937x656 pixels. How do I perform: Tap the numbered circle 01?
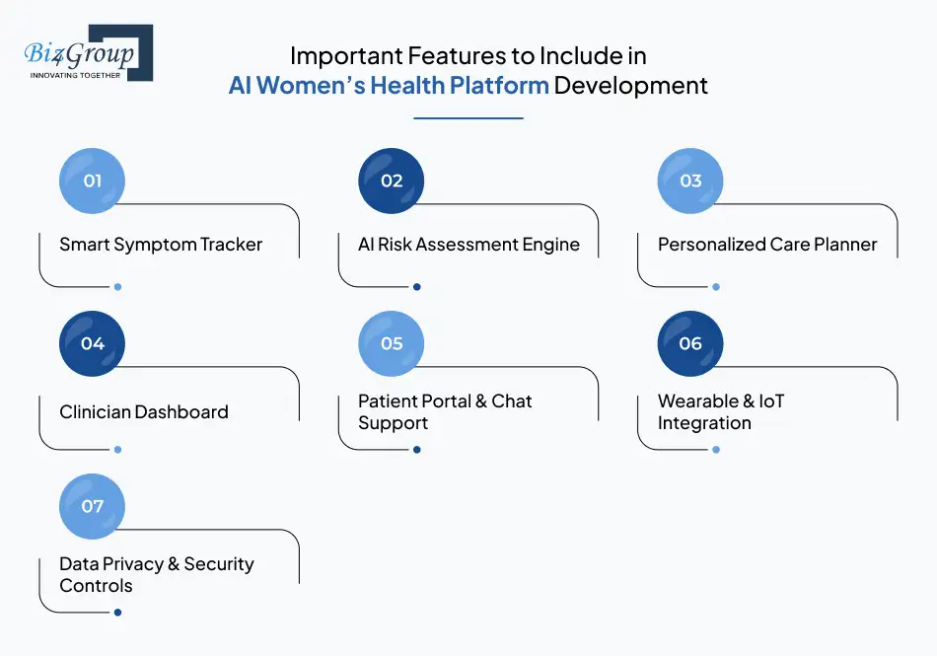tap(93, 181)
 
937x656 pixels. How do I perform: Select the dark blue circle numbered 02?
tap(392, 181)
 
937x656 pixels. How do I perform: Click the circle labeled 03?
tap(690, 181)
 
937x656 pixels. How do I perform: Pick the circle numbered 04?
tap(93, 343)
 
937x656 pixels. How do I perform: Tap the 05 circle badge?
tap(392, 343)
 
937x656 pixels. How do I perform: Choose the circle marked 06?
tap(690, 343)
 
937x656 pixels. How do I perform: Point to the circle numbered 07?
tap(93, 506)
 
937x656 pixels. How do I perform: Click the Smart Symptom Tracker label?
tap(161, 245)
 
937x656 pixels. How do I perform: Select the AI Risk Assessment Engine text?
tap(468, 245)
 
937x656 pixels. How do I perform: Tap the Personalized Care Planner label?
tap(767, 245)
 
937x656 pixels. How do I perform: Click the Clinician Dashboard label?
tap(144, 412)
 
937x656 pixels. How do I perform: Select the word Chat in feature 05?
tap(511, 401)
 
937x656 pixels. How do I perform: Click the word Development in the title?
tap(630, 86)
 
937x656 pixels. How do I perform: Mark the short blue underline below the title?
tap(468, 118)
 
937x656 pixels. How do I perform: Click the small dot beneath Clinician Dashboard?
tap(117, 450)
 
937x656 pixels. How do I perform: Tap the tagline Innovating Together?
tap(76, 74)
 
